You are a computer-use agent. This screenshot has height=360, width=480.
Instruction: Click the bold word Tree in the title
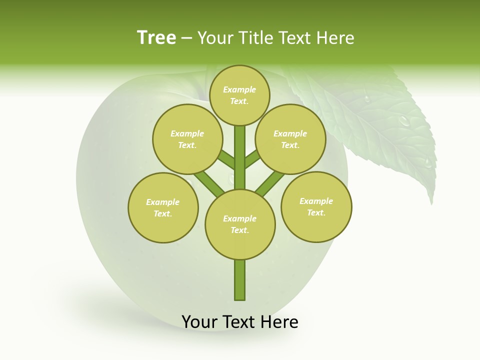(156, 37)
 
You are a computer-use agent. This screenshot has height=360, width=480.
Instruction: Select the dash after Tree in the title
(186, 38)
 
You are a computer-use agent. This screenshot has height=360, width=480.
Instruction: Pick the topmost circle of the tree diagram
(239, 95)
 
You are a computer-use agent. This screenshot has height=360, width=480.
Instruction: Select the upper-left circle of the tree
(187, 139)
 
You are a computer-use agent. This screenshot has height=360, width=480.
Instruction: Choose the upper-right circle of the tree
(290, 139)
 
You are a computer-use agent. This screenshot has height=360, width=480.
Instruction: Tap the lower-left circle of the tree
(163, 207)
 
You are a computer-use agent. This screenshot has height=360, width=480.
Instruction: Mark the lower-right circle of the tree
(316, 206)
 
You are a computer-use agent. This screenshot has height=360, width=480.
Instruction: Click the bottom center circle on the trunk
(240, 224)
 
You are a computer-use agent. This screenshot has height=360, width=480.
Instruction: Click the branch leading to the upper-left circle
(226, 160)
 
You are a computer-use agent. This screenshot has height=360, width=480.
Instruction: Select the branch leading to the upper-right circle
(252, 159)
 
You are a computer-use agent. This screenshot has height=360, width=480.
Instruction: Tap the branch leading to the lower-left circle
(209, 183)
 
